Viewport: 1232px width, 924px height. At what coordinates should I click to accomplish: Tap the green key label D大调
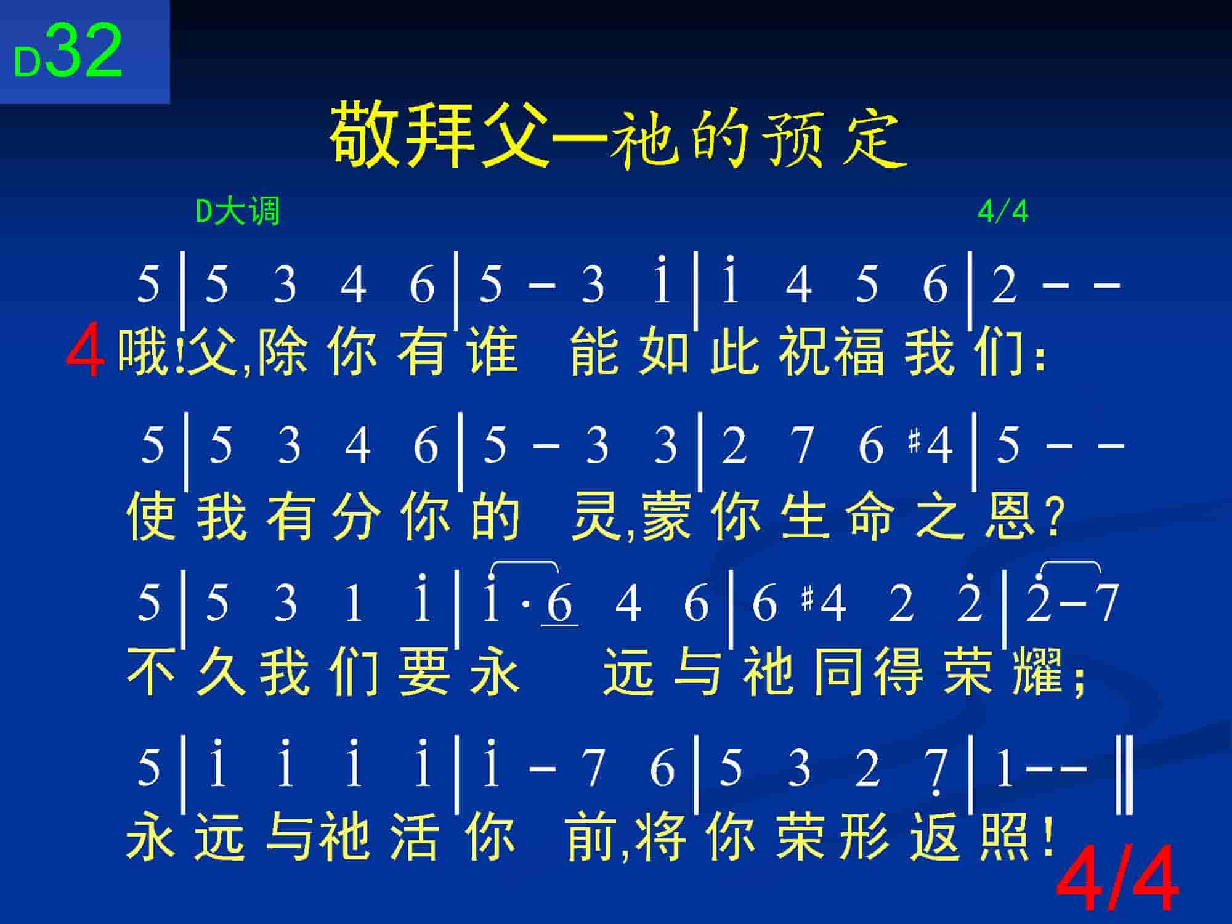click(238, 211)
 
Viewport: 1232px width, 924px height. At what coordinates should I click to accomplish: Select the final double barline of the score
click(1124, 775)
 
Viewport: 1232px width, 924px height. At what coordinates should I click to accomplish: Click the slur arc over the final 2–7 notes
click(1071, 564)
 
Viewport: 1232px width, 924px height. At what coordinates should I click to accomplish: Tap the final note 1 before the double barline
click(1005, 769)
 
